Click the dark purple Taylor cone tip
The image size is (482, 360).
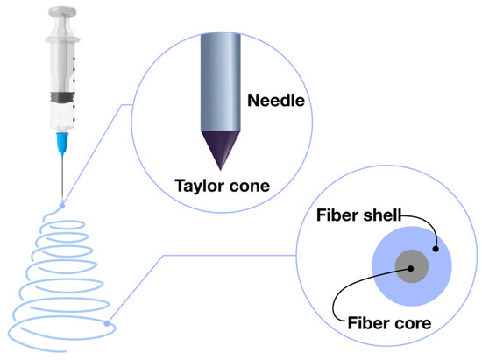(x=216, y=147)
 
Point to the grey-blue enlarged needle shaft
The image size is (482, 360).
(x=216, y=88)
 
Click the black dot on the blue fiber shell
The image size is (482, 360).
(x=433, y=250)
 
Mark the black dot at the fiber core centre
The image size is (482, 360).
(x=408, y=267)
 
